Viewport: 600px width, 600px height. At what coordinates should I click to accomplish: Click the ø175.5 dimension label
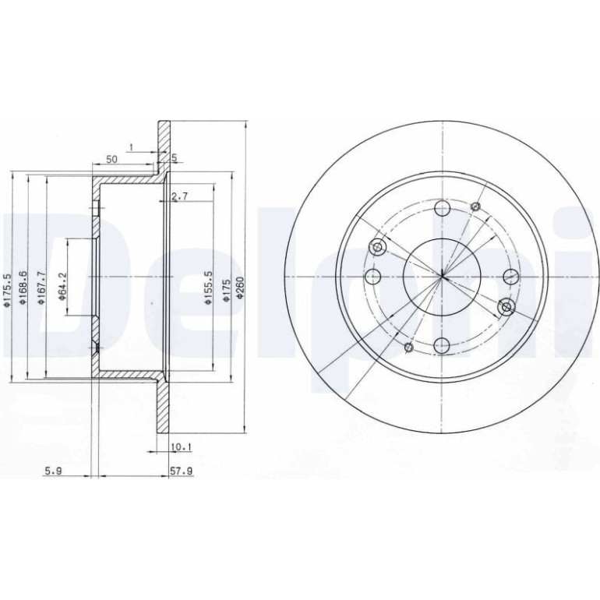coord(6,290)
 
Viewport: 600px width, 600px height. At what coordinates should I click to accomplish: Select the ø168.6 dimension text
coord(23,288)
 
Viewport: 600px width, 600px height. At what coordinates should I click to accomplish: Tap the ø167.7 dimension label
coord(41,288)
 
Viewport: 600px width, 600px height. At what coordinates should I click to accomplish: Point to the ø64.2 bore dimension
coord(62,286)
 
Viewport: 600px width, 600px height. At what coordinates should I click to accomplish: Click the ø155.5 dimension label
coord(208,288)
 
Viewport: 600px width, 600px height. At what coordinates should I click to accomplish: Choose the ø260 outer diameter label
coord(239,289)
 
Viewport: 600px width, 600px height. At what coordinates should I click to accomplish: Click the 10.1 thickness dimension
coord(182,446)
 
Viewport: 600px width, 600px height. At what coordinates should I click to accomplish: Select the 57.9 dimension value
coord(181,471)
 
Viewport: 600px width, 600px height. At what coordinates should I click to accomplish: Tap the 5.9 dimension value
coord(53,471)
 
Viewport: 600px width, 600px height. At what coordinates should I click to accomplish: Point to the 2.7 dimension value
coord(179,196)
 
